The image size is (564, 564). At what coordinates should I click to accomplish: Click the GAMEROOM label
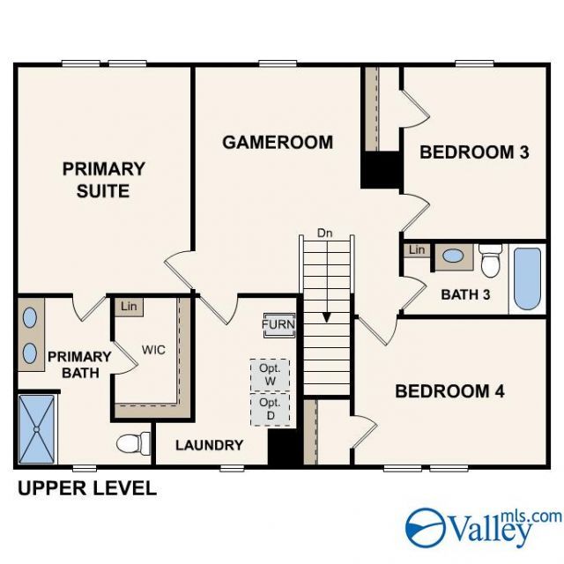coord(278,143)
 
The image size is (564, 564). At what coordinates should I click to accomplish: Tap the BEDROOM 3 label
coord(474,152)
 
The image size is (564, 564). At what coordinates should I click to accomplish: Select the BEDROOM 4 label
coord(449,391)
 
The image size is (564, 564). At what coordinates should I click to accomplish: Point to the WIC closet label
coord(153,350)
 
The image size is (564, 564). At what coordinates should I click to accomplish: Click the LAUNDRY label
coord(210,445)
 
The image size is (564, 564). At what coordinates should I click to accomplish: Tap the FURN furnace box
coord(279,324)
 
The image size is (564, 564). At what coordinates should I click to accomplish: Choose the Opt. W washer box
coord(271,375)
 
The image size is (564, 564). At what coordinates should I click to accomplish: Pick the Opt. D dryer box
coord(271,409)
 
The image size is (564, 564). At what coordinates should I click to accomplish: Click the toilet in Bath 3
coord(491,260)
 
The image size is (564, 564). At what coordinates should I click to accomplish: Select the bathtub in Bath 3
coord(527,278)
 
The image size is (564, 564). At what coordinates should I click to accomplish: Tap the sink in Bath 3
coord(453,256)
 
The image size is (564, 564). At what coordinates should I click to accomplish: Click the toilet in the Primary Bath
coord(133,443)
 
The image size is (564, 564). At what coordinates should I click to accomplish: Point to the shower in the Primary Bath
coord(36,429)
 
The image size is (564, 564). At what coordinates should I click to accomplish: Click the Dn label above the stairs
coord(325,233)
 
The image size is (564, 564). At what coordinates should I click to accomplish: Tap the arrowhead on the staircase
coord(327,317)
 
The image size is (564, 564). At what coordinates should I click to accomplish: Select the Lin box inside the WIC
coord(129,307)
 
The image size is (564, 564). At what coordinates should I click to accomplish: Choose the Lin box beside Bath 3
coord(417,250)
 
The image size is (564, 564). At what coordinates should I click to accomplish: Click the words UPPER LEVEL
coord(87,488)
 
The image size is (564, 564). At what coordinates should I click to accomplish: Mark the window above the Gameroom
coord(278,63)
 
